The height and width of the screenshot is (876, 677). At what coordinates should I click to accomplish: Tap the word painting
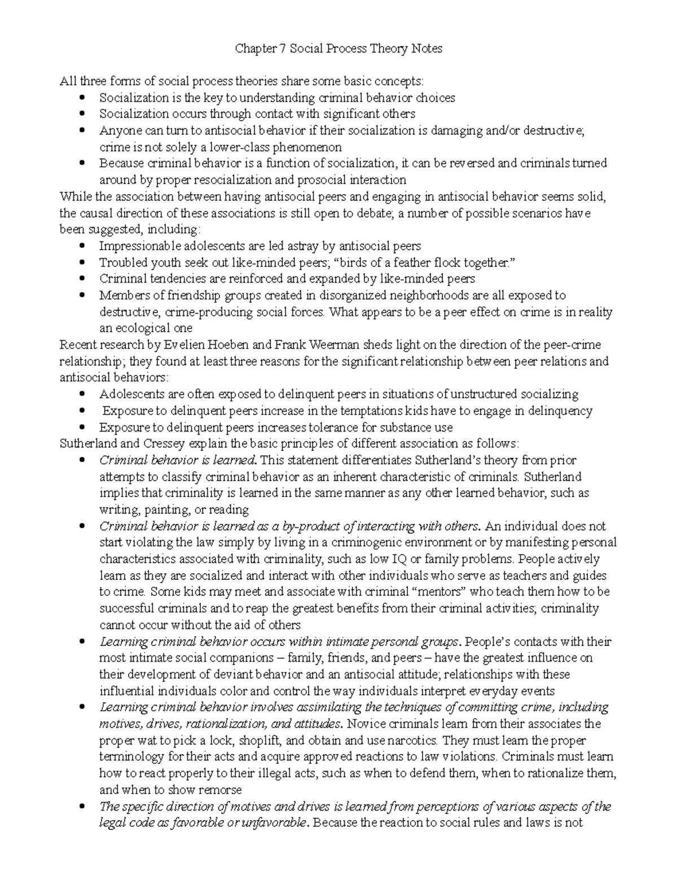(165, 510)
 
